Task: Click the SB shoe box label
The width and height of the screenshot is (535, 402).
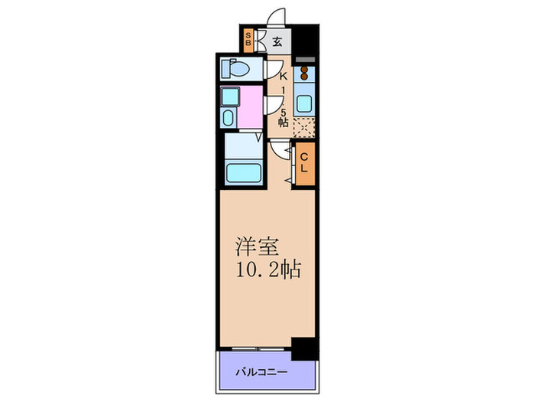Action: point(249,38)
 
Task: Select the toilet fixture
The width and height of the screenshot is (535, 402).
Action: point(236,69)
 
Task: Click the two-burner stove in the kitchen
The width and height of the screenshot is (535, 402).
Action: point(303,74)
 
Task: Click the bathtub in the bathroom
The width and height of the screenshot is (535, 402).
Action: point(243,173)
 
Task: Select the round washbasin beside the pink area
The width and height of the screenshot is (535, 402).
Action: point(229,117)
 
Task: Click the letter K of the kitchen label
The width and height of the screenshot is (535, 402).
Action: point(283,77)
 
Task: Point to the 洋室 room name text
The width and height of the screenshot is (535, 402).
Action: point(255,249)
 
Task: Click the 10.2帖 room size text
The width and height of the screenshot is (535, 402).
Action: point(267,270)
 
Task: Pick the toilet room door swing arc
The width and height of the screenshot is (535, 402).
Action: point(271,70)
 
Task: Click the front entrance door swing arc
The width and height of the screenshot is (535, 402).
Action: point(277,17)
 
